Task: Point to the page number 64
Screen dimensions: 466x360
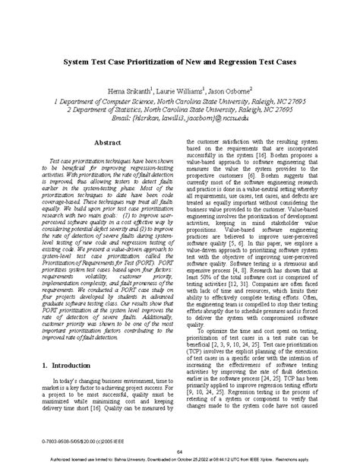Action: [x=179, y=452]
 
